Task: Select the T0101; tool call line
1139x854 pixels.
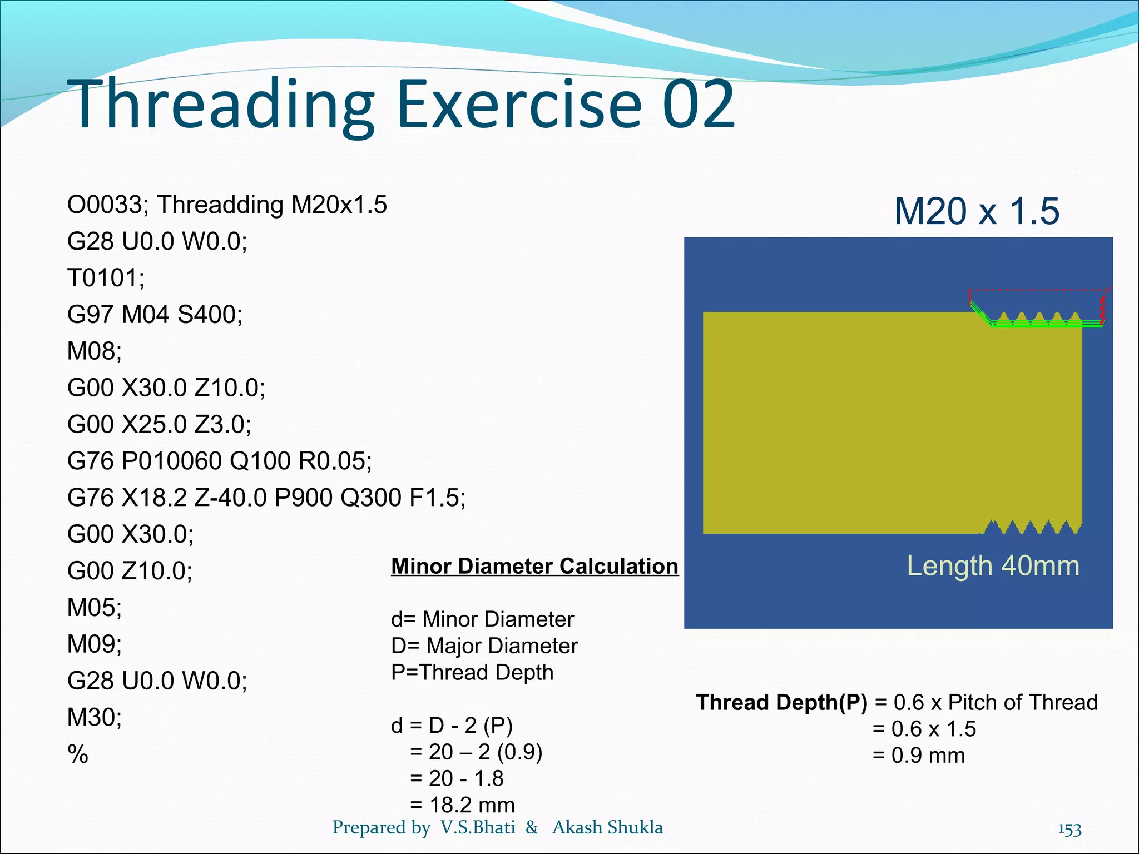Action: (106, 278)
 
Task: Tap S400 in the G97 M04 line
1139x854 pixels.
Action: (210, 315)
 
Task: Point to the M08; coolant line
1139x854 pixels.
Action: (94, 351)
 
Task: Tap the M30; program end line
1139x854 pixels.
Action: (94, 717)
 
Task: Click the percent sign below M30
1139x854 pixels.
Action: (78, 754)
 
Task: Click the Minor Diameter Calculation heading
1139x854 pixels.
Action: (534, 567)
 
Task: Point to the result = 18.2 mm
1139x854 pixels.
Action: (462, 805)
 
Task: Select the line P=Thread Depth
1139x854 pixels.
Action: (472, 673)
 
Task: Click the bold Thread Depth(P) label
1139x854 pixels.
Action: (781, 703)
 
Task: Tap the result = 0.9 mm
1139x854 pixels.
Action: (918, 756)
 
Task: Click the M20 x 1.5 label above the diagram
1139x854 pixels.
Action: (976, 212)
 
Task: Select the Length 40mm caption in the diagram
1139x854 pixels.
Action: (993, 567)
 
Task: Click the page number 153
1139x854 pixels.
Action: (1069, 830)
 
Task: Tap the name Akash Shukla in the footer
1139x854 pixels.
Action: (607, 827)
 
